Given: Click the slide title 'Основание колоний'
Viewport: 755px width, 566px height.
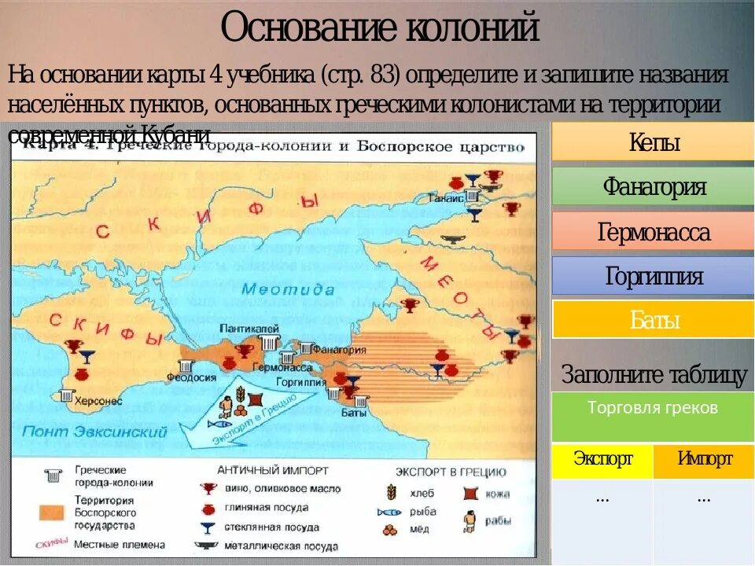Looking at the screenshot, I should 380,29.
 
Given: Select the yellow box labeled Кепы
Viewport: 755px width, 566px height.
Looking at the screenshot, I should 654,142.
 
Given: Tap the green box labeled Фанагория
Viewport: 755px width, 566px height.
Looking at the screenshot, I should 654,187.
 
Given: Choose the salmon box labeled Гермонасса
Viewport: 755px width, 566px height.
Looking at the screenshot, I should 654,232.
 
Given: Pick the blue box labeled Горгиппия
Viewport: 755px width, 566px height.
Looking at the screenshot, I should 654,277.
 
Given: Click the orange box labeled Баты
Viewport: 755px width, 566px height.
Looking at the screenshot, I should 654,320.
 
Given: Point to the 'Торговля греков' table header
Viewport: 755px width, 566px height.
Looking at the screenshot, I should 653,408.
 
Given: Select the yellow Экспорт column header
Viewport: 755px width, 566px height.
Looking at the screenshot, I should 602,459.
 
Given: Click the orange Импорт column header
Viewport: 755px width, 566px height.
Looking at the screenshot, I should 705,459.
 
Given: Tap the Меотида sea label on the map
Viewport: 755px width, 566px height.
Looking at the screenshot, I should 288,289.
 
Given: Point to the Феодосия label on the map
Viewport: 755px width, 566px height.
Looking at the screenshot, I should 190,378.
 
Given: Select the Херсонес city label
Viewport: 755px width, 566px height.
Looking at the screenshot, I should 98,400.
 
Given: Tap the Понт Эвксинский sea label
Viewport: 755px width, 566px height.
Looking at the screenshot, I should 94,432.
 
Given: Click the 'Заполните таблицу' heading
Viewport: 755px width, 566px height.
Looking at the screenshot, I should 654,375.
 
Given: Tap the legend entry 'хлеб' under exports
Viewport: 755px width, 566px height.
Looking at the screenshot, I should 420,493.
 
